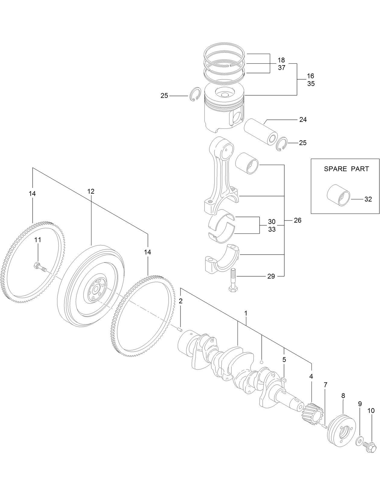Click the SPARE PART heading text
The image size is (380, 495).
[346, 169]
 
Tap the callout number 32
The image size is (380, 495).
[368, 199]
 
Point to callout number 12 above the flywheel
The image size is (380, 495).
[91, 191]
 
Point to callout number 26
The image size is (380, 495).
[298, 221]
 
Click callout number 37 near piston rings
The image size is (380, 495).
[281, 68]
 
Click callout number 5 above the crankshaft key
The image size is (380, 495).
[284, 360]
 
